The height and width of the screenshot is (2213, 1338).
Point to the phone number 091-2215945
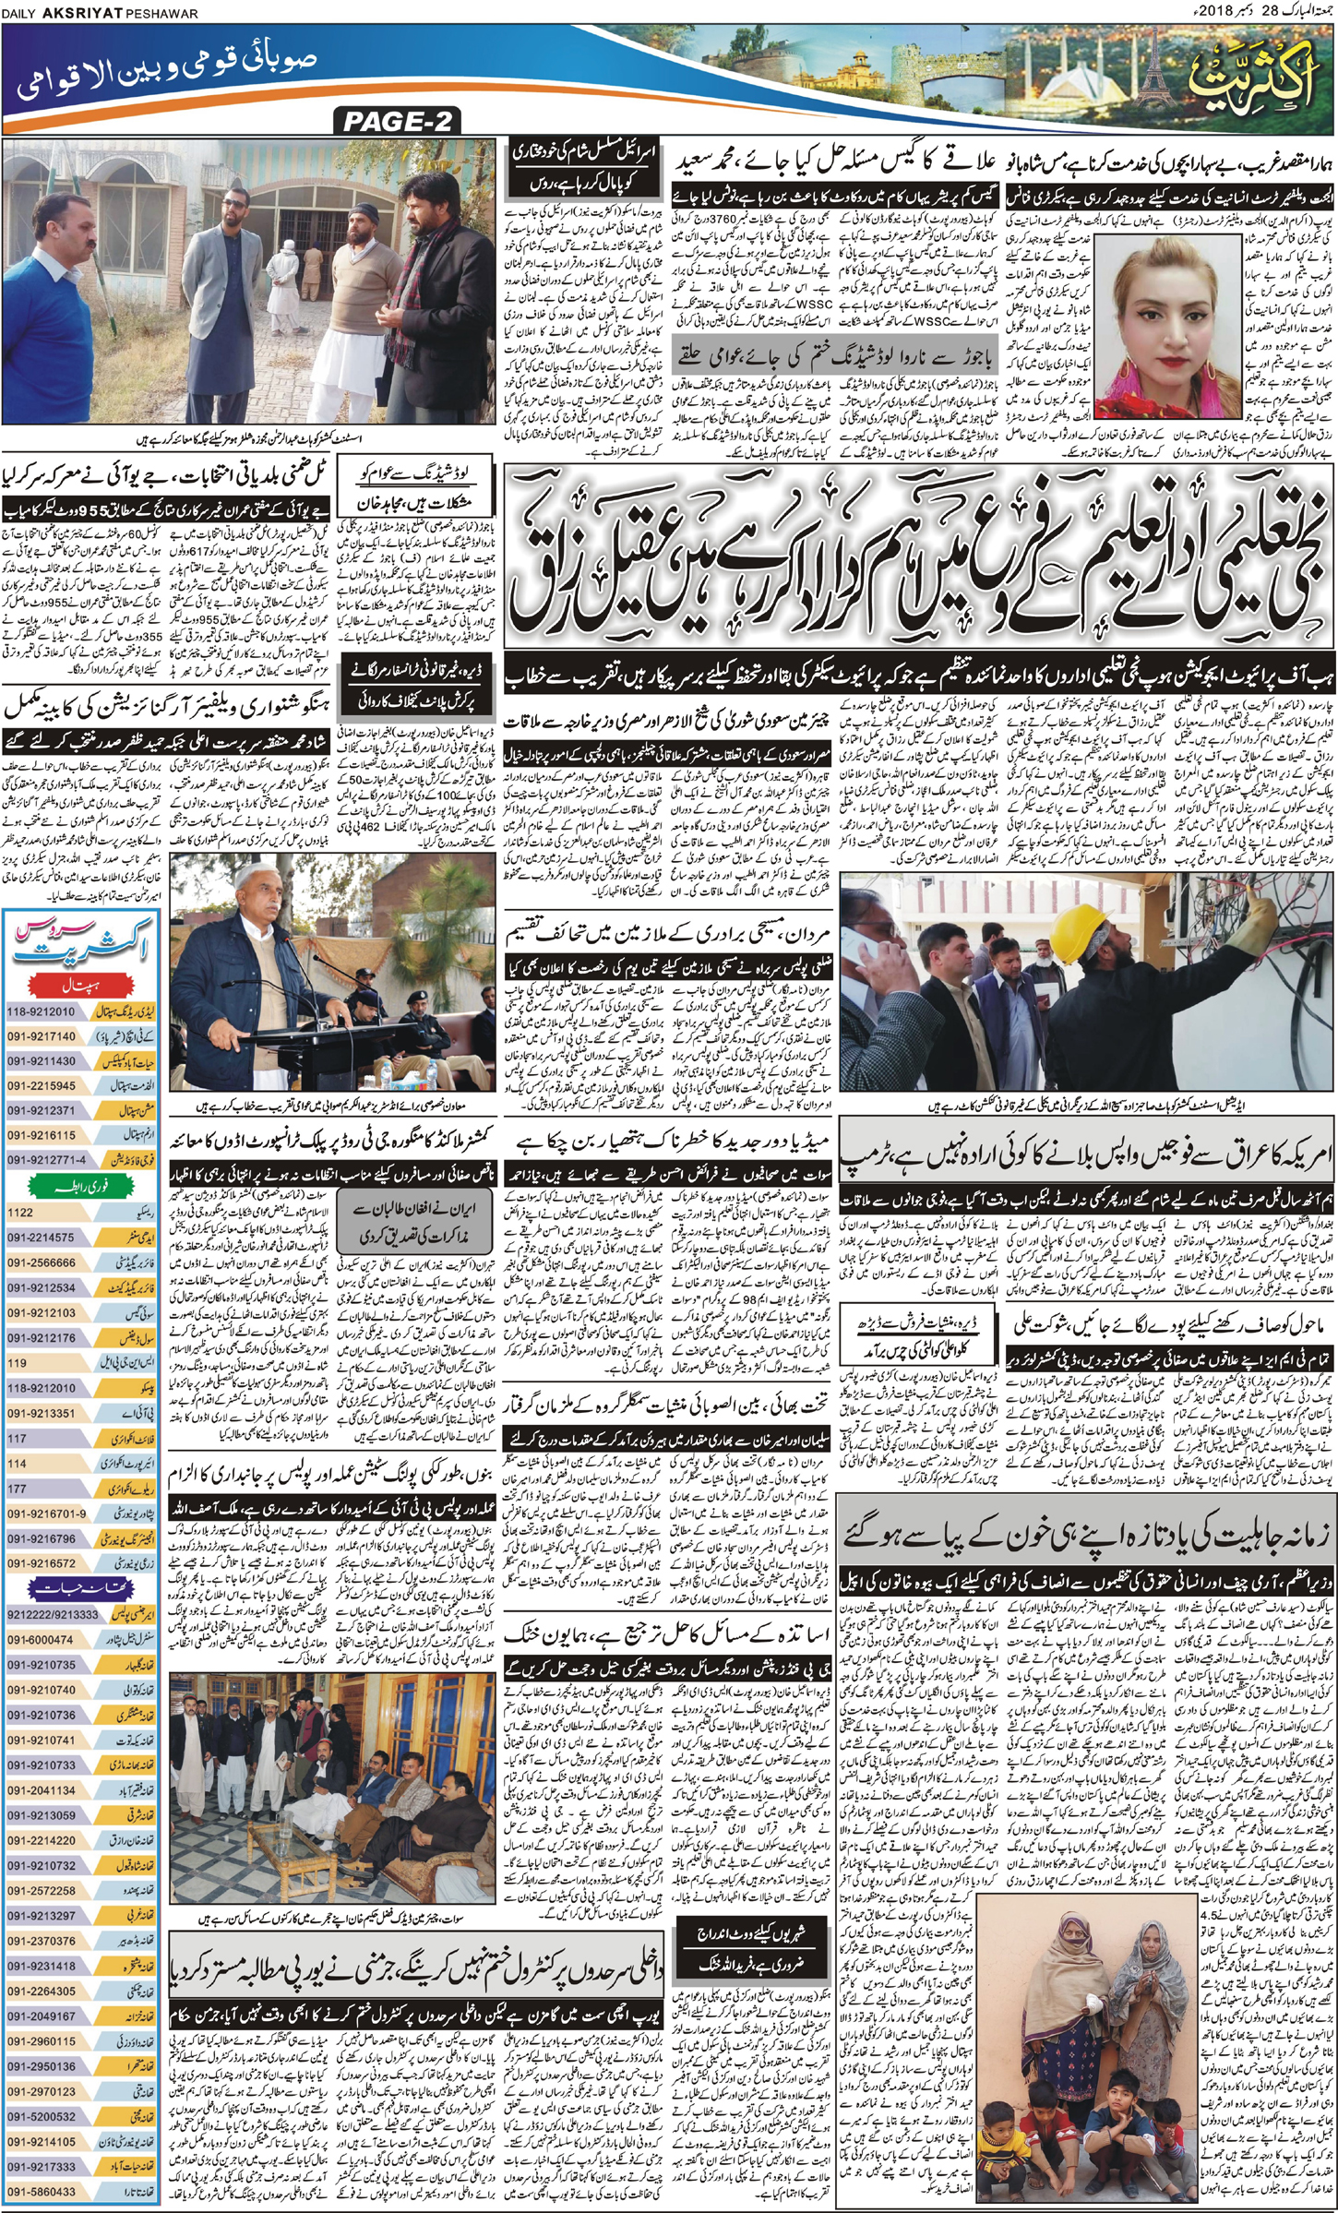(42, 1086)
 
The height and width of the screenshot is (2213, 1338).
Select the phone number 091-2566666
(42, 1262)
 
